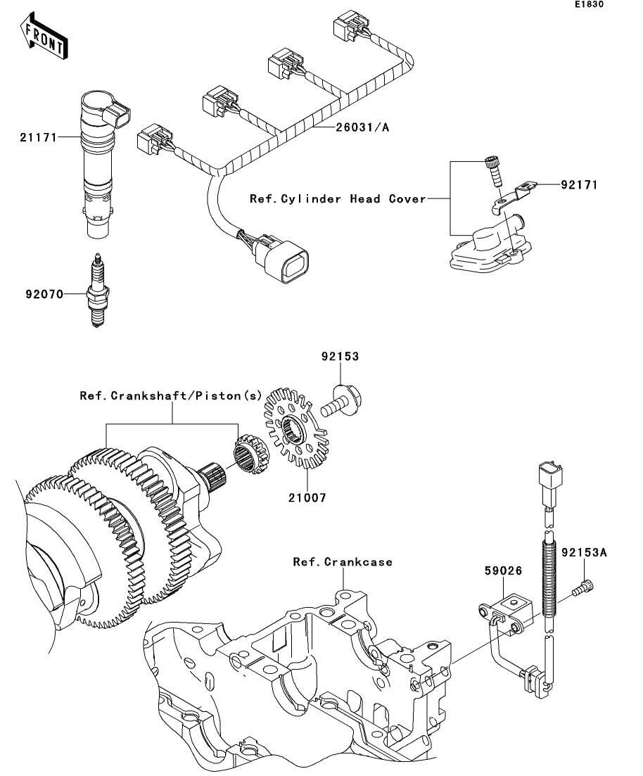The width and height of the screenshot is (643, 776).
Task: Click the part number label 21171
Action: tap(39, 138)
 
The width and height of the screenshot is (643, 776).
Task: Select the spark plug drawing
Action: tap(98, 291)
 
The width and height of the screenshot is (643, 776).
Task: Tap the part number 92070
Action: tap(44, 295)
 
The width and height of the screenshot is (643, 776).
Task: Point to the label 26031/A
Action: tap(362, 127)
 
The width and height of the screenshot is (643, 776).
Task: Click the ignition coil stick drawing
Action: tap(104, 163)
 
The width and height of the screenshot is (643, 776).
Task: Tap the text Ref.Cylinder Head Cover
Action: tap(338, 199)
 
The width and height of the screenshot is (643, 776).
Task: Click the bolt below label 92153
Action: tap(342, 401)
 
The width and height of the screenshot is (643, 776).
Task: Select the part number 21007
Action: tap(307, 497)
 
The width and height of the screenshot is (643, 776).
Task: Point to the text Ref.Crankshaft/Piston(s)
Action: tap(171, 396)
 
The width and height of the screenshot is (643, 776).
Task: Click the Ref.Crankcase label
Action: tap(343, 561)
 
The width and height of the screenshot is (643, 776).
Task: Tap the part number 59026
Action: tap(504, 571)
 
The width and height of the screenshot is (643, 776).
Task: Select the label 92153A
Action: tap(584, 552)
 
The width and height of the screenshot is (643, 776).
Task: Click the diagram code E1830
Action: tap(589, 4)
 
